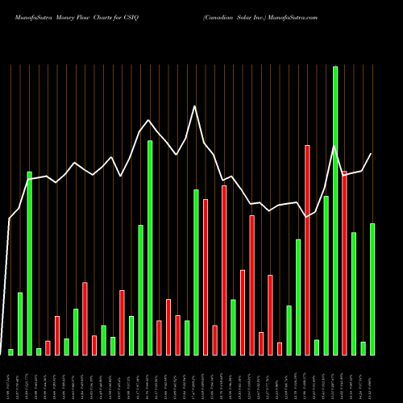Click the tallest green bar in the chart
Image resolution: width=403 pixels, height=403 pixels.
335,210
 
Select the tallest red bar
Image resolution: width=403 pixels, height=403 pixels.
307,250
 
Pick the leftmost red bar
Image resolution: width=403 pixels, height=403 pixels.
48,347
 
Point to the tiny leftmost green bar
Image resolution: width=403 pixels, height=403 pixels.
11,351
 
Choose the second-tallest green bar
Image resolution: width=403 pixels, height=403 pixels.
150,247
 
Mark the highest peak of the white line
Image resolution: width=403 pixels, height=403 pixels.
194,106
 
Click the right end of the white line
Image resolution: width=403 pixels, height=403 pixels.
372,153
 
